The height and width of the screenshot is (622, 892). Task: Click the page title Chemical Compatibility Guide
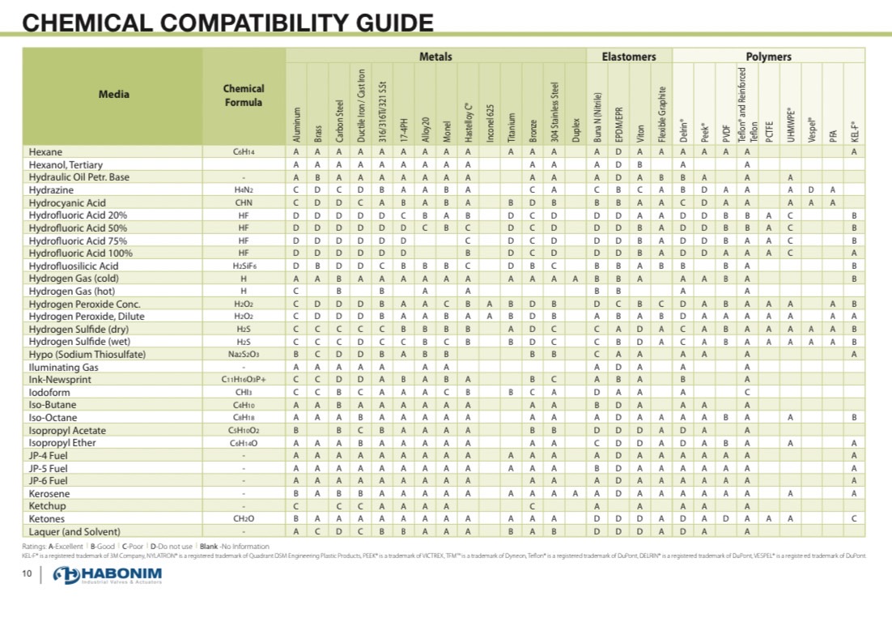[228, 22]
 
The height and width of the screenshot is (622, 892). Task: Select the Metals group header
[435, 57]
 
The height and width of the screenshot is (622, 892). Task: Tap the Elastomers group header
[629, 57]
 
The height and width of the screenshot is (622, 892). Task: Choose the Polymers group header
[768, 57]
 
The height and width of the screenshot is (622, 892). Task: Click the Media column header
[113, 94]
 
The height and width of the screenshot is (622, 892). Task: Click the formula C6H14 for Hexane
[244, 152]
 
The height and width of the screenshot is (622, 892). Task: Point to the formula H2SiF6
[244, 266]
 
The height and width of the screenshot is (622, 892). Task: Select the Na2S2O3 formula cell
[244, 355]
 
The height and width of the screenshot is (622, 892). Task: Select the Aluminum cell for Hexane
[296, 151]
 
